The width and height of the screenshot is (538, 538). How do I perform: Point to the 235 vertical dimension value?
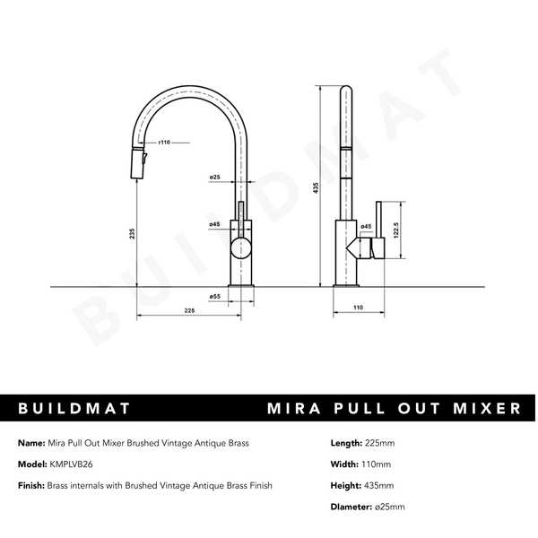pos(133,233)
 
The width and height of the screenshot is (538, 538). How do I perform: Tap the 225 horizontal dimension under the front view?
pos(189,311)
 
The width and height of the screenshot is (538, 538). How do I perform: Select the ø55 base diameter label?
pos(215,296)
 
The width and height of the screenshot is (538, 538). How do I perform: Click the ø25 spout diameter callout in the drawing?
pos(215,178)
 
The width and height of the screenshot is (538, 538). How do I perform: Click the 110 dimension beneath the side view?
pos(358,308)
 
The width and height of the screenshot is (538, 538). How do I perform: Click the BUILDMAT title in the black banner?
pos(75,409)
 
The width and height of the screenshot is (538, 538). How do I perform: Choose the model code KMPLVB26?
pos(76,464)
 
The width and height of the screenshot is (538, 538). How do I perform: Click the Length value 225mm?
pos(383,443)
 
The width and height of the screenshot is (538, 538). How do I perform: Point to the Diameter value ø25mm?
pos(394,508)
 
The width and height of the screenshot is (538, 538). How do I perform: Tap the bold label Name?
pos(30,443)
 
